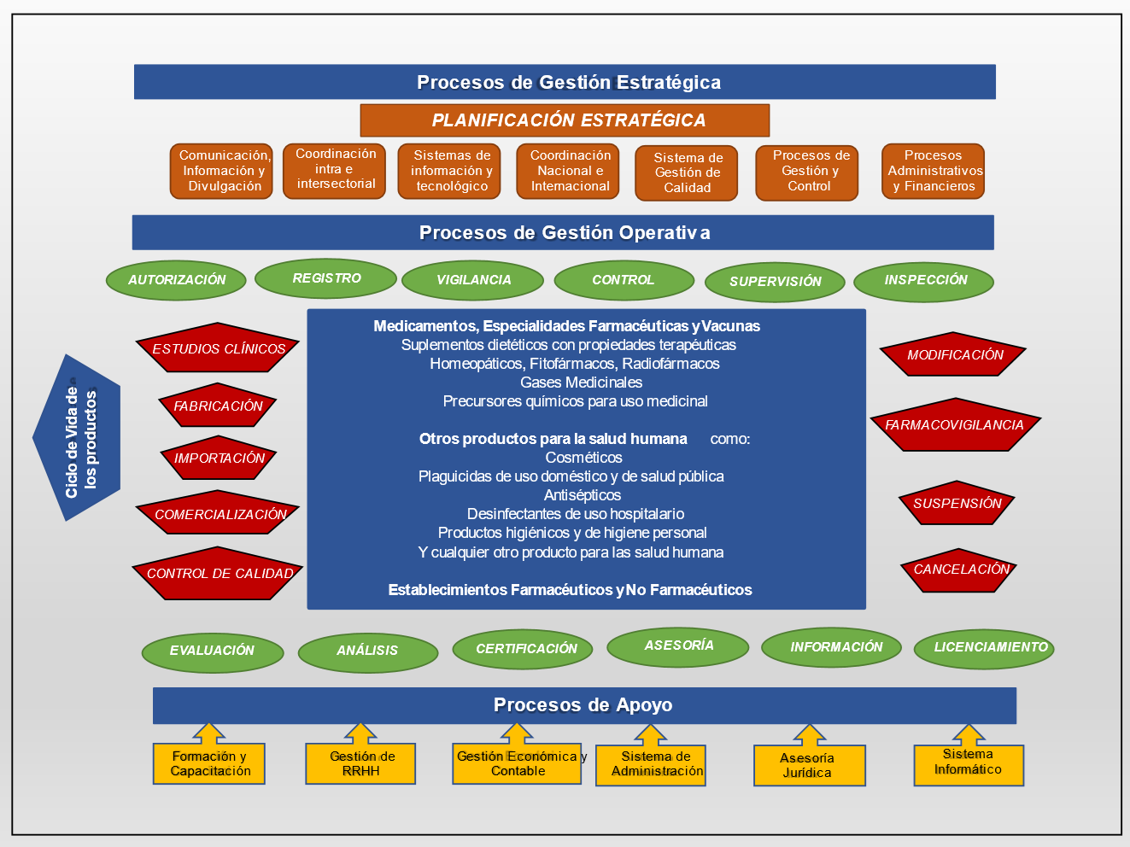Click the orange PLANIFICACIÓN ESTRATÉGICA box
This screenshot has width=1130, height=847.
click(x=565, y=120)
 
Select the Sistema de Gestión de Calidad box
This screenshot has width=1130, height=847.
click(x=686, y=172)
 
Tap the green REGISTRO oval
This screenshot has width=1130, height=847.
click(x=325, y=278)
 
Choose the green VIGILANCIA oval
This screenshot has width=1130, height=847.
click(x=472, y=280)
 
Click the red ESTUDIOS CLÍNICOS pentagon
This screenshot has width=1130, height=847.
click(x=218, y=348)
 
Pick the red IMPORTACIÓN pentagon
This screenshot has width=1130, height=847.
click(x=219, y=459)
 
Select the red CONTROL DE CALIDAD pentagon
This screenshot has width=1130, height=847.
click(x=219, y=574)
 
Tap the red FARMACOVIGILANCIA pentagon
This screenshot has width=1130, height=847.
click(x=954, y=425)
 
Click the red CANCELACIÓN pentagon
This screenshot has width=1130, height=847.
click(x=959, y=570)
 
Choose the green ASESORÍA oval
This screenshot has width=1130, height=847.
click(x=677, y=646)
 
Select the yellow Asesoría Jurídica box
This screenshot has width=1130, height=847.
click(x=809, y=765)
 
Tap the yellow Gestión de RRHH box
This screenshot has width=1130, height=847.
click(x=360, y=763)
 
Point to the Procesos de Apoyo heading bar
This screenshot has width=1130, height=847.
click(x=584, y=705)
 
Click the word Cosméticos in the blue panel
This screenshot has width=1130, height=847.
click(x=583, y=458)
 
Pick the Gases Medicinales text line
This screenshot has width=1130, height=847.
click(x=581, y=383)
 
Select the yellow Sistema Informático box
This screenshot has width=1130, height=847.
click(x=968, y=762)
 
